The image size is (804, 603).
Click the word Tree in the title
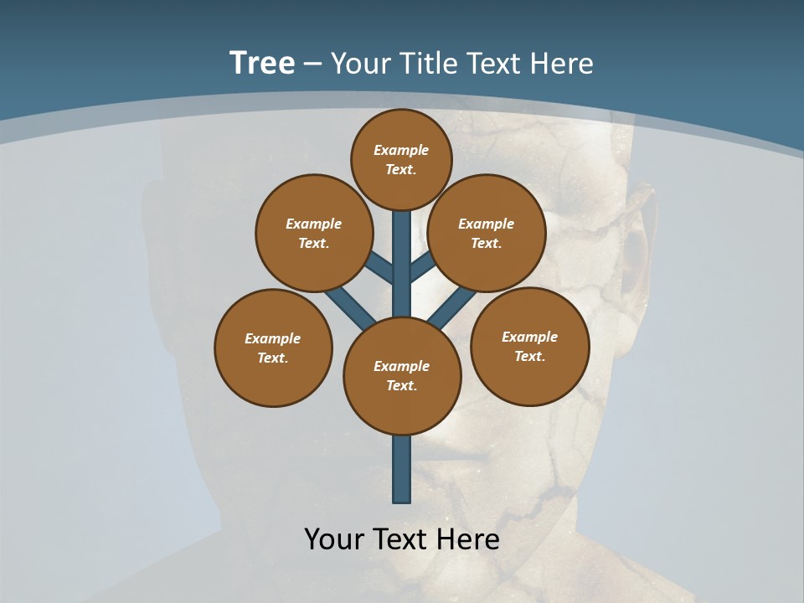262,64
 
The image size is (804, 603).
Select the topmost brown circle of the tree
401,159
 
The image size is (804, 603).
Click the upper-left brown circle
313,233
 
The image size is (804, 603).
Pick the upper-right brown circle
487,233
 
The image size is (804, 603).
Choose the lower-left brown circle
273,348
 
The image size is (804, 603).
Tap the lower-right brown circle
529,346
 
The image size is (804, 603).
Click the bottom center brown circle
402,375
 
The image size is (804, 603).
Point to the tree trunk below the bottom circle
402,469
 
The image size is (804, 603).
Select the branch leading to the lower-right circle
452,307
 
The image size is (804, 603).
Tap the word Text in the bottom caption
404,539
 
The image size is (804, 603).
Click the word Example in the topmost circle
401,150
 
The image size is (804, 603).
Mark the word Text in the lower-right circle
529,356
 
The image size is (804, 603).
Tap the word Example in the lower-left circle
273,338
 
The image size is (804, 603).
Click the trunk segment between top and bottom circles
402,268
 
